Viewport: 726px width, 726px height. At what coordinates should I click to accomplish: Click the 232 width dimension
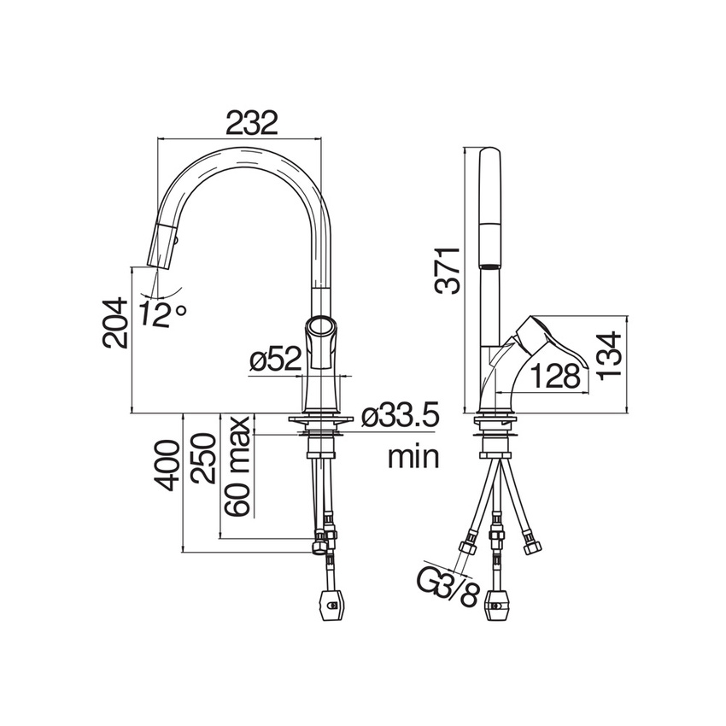pyautogui.click(x=252, y=122)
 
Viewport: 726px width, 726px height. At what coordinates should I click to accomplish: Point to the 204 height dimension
pyautogui.click(x=114, y=323)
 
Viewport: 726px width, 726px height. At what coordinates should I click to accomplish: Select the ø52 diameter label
pyautogui.click(x=275, y=359)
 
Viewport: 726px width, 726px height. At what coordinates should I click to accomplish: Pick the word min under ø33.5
pyautogui.click(x=413, y=457)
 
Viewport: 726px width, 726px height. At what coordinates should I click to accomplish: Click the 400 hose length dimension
pyautogui.click(x=167, y=465)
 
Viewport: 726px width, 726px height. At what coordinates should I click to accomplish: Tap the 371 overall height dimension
pyautogui.click(x=448, y=271)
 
